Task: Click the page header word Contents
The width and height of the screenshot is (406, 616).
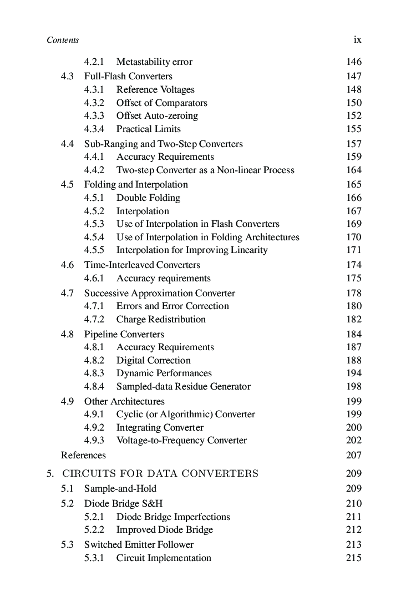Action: [63, 40]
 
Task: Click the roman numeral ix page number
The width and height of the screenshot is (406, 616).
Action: [357, 40]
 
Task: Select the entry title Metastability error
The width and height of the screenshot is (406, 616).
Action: [154, 62]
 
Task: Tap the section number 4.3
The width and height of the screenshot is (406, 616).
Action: [67, 77]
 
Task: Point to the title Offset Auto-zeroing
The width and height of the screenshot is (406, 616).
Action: [157, 116]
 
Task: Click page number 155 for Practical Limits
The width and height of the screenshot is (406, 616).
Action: [353, 129]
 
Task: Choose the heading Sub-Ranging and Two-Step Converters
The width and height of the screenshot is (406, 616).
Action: [163, 144]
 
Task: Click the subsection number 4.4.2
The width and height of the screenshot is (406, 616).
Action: [94, 170]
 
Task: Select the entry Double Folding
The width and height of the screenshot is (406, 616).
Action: [148, 198]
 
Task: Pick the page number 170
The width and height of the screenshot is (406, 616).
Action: [353, 238]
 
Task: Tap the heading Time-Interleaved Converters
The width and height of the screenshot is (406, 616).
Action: [142, 265]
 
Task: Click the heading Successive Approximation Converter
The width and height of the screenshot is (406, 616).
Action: [159, 294]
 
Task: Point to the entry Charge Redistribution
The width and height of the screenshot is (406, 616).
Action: [161, 320]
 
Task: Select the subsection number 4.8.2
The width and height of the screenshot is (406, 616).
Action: [94, 361]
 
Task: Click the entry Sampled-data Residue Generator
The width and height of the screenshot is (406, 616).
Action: [183, 387]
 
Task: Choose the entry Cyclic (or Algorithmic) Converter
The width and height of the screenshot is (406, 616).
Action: [185, 415]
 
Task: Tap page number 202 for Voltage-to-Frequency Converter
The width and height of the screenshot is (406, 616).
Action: [353, 441]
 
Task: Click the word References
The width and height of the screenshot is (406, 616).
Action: [83, 456]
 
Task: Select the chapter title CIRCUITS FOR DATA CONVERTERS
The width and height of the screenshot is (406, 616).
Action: [160, 474]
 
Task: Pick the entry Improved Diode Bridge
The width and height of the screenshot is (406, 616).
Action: [164, 530]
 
